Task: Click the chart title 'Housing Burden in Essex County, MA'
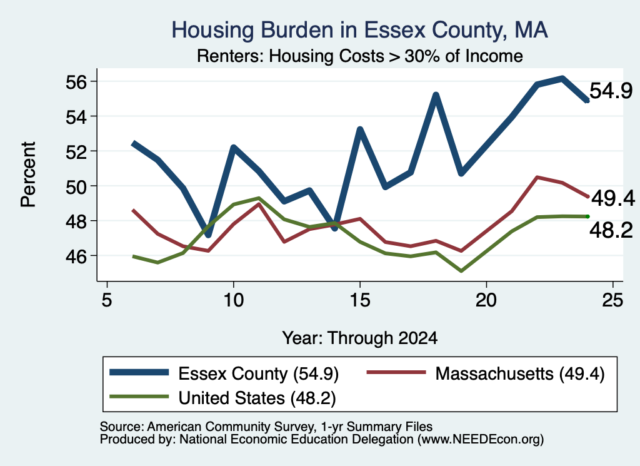pos(359,30)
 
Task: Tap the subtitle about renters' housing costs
pos(359,56)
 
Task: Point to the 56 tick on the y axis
pos(76,82)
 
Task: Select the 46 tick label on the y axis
pos(76,256)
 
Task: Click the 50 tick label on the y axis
pos(76,186)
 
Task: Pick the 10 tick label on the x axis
pos(234,300)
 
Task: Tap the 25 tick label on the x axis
pos(612,300)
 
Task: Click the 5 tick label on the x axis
pos(107,300)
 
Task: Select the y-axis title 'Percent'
pos(28,175)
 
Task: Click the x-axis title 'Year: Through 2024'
pos(359,338)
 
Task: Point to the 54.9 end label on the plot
pos(611,91)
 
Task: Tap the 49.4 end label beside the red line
pos(613,198)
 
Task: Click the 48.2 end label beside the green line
pos(611,230)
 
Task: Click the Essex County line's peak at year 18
pos(436,96)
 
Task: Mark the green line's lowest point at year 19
pos(461,271)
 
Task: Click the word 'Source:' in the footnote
pos(122,427)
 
